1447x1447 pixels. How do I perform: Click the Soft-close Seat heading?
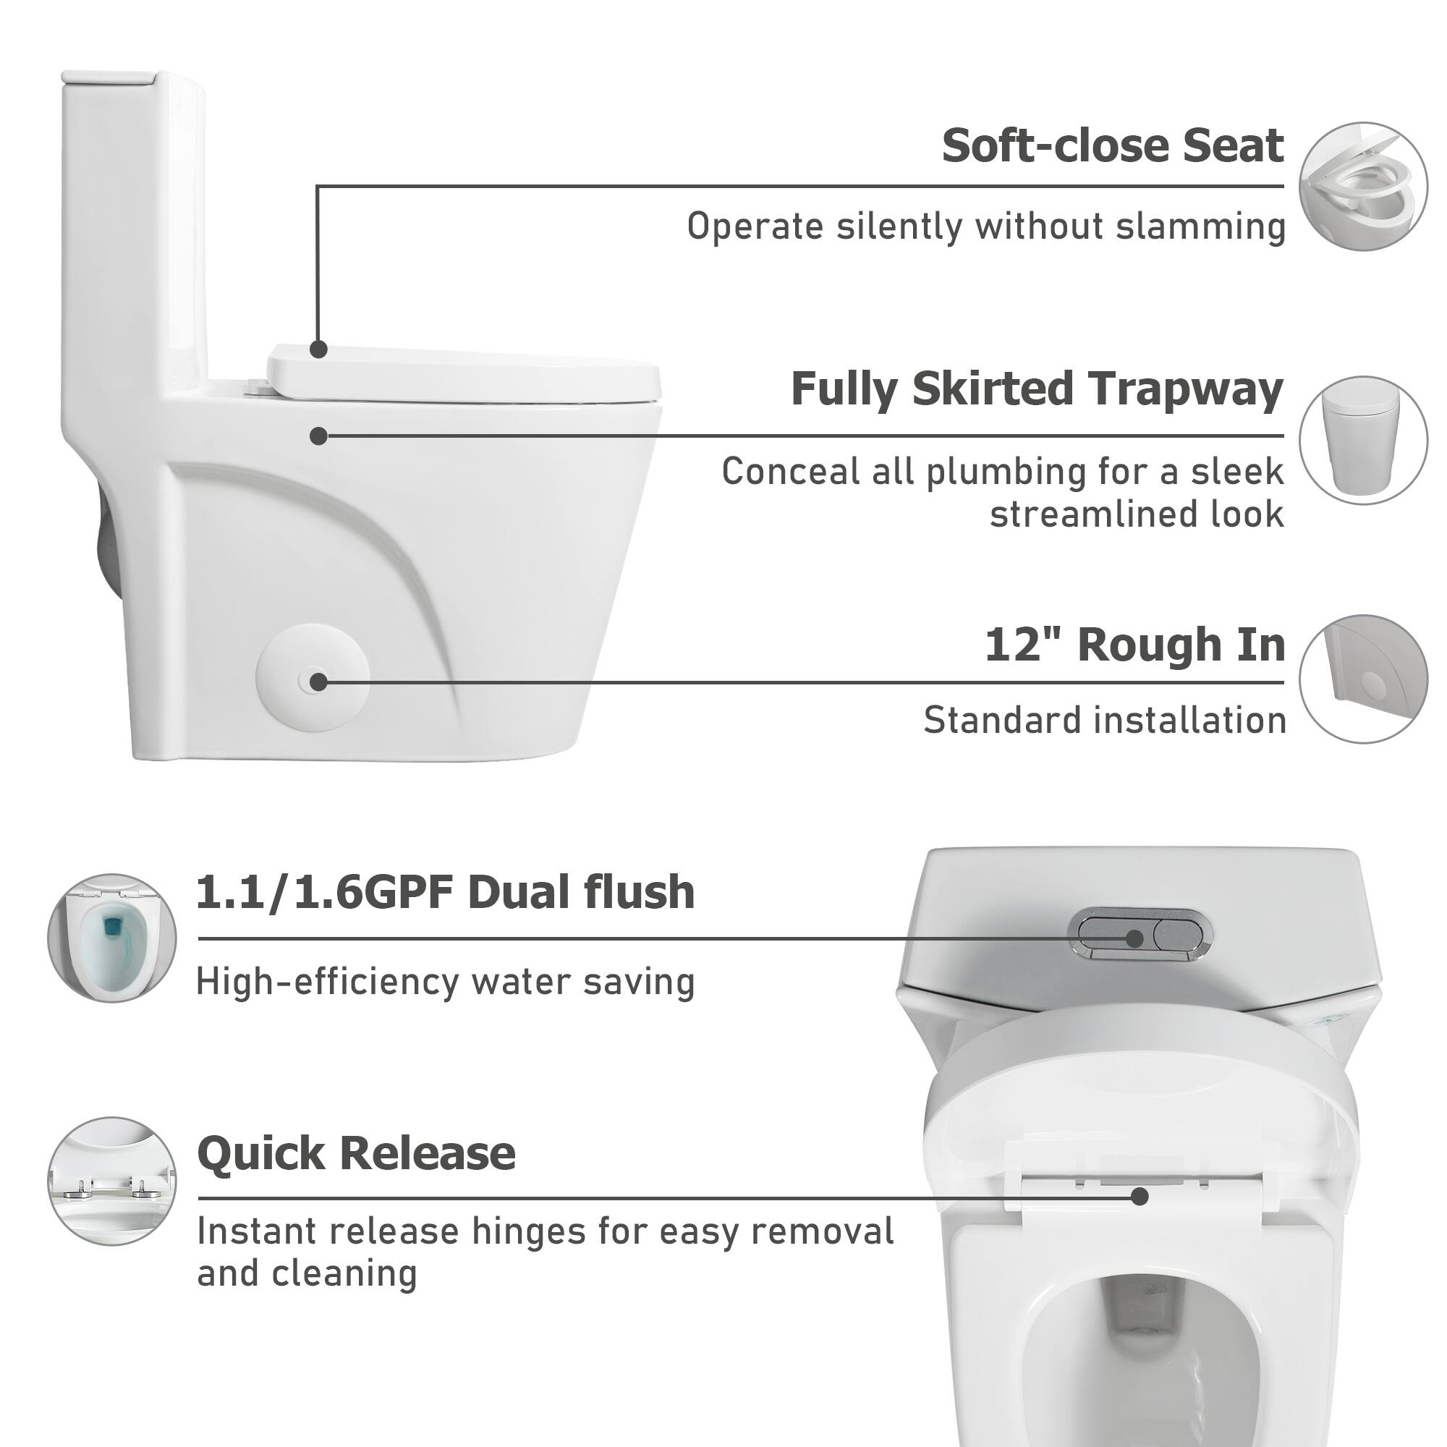(1113, 145)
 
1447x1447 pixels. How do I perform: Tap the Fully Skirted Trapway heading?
(1037, 389)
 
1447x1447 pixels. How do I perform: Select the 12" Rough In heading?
(1134, 645)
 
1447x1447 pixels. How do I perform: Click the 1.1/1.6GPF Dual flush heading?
(446, 893)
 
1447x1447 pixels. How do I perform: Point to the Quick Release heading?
(357, 1153)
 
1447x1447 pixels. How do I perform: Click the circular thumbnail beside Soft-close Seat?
(1363, 187)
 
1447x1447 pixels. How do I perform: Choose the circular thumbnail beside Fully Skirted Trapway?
(1363, 441)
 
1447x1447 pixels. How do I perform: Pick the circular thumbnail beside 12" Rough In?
(1363, 679)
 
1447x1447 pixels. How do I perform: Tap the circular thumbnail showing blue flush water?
(112, 938)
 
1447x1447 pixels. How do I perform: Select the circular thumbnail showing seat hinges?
(112, 1182)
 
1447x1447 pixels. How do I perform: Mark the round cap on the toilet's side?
(313, 678)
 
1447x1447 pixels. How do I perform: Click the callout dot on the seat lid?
(319, 349)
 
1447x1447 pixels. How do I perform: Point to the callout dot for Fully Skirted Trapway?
(319, 436)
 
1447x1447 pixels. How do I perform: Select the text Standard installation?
(1105, 721)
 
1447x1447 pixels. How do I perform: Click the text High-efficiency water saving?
(446, 982)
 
